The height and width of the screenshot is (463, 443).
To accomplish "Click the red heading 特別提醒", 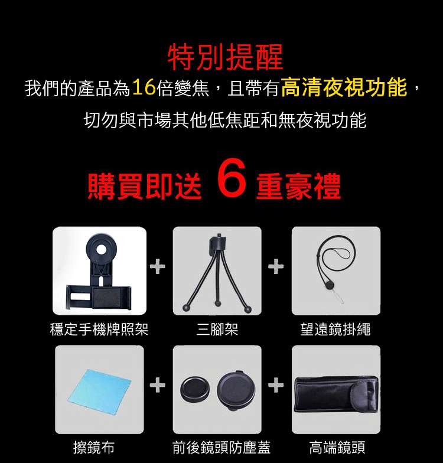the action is tap(226, 57).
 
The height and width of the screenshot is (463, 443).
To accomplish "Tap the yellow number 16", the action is tap(144, 87).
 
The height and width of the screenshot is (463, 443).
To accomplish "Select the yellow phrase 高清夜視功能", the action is tap(344, 87).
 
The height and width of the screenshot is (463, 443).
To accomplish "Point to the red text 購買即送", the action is tap(145, 185).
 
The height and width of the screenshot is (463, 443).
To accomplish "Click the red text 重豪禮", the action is tap(299, 185).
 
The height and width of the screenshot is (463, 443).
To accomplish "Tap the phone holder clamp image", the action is tap(99, 272).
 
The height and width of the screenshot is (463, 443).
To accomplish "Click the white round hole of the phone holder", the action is tap(102, 250).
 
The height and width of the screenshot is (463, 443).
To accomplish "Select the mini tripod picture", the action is tap(217, 273).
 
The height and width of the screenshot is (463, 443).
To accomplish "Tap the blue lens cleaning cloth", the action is tap(99, 390).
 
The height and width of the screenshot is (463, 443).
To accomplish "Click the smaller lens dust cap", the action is tap(195, 390).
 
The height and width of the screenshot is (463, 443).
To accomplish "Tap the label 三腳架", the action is tap(217, 330).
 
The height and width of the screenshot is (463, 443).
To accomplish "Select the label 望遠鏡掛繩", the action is tap(335, 330).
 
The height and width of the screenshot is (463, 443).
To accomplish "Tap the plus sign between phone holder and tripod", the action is tap(157, 267).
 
